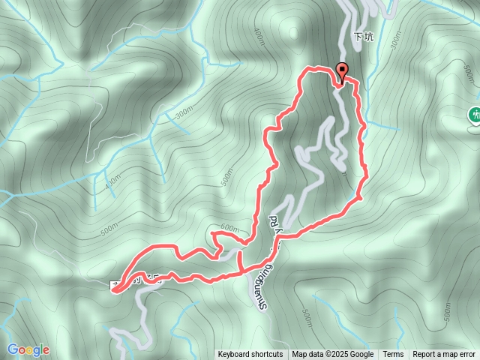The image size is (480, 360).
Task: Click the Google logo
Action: point(28,349)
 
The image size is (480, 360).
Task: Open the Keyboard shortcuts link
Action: point(250,355)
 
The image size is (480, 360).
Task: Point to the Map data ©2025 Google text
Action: point(332,355)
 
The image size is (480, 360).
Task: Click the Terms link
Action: point(393,355)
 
